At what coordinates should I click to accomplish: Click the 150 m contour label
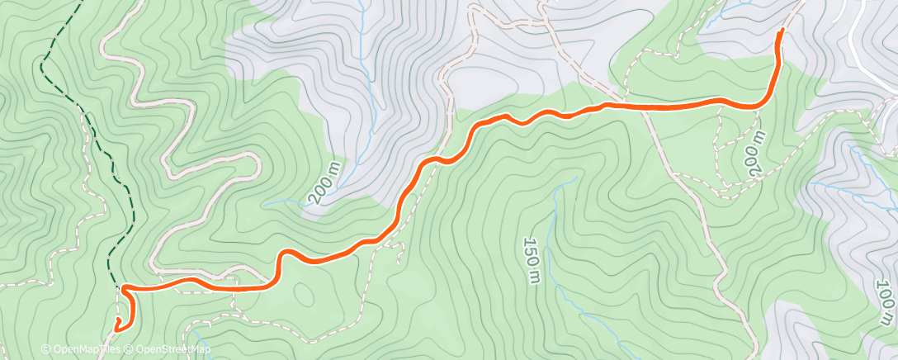click(531, 258)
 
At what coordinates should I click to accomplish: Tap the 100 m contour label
click(884, 301)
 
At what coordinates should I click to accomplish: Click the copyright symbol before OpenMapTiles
click(45, 349)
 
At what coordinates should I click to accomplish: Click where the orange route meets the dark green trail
click(124, 288)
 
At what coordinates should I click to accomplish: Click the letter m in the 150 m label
click(530, 274)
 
